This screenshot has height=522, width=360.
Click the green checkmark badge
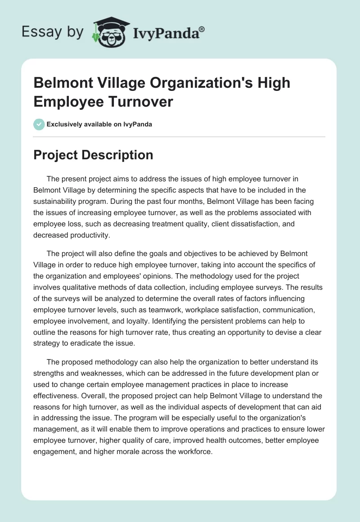click(x=39, y=124)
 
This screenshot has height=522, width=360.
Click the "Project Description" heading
click(x=94, y=155)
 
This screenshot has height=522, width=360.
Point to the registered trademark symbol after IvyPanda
click(x=202, y=28)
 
